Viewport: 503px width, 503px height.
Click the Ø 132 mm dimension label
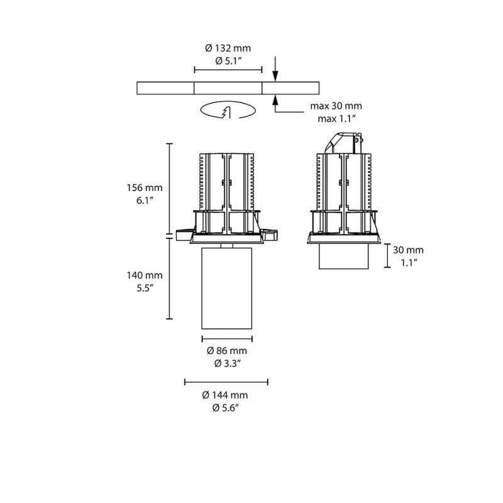(228, 48)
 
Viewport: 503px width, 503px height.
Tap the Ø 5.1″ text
(228, 61)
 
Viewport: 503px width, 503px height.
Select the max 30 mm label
(336, 106)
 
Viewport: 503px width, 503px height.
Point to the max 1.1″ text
(336, 118)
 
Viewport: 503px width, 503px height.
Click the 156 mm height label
(144, 187)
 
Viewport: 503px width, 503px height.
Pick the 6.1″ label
(144, 199)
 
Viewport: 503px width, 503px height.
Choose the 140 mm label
(144, 275)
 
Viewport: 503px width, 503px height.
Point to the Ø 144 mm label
(226, 395)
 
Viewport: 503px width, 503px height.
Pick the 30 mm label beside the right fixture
(408, 250)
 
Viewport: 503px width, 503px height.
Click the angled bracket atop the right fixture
(340, 141)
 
